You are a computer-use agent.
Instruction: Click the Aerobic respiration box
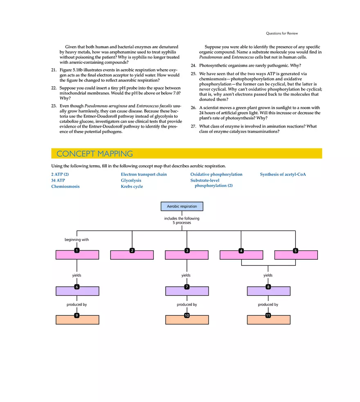(x=182, y=207)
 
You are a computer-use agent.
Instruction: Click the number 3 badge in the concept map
(x=187, y=250)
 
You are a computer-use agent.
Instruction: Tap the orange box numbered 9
(x=77, y=320)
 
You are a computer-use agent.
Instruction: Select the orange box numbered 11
(x=268, y=320)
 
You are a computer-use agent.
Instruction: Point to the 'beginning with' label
(x=76, y=240)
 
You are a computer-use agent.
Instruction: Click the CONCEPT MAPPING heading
(x=94, y=154)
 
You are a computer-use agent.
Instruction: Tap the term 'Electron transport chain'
(x=144, y=175)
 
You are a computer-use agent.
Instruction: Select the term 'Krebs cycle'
(x=132, y=186)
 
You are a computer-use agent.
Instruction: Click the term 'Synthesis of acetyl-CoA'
(x=283, y=175)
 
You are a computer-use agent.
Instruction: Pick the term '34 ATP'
(x=58, y=180)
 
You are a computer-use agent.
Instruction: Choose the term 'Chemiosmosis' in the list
(x=65, y=186)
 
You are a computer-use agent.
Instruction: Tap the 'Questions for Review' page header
(x=282, y=34)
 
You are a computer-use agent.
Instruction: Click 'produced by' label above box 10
(x=187, y=305)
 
